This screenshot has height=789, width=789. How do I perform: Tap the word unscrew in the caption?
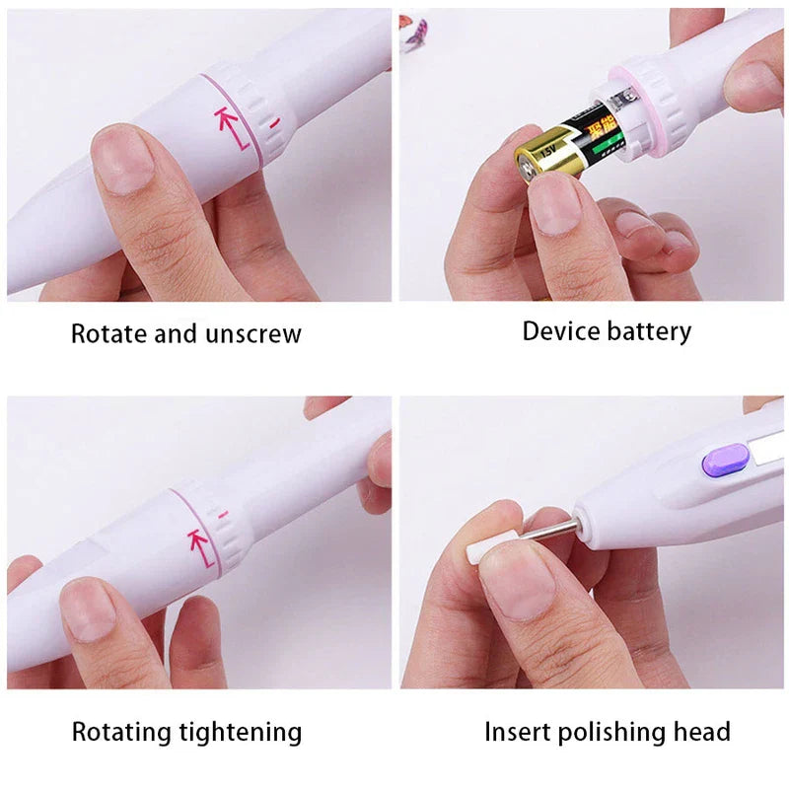coord(254,333)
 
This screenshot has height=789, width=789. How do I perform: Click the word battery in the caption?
coord(648,330)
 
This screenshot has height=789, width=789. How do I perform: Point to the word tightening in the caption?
coord(240,732)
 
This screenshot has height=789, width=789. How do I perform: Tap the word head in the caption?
coord(702,732)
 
